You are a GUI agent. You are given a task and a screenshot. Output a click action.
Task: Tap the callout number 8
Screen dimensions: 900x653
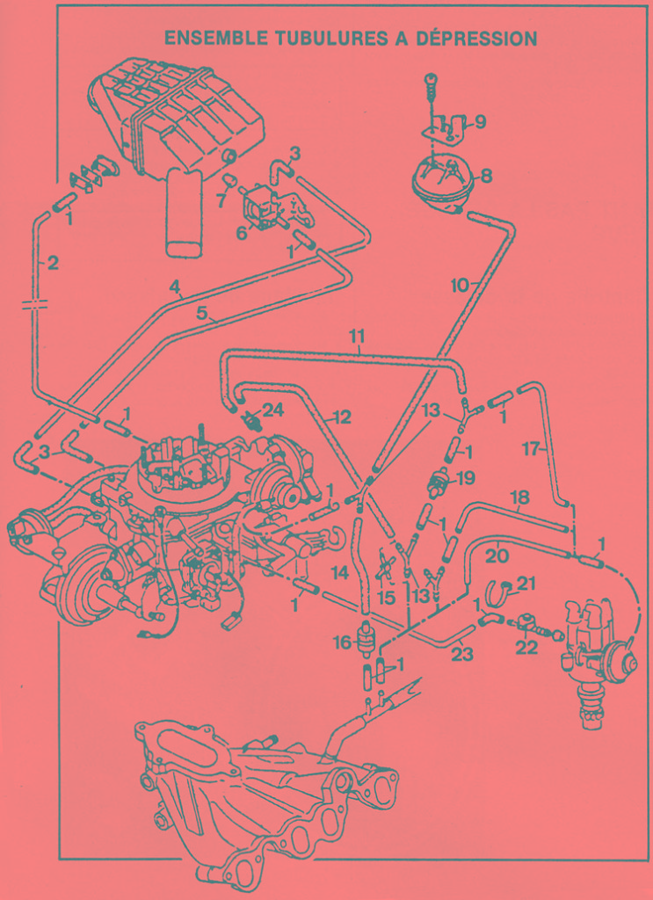[486, 176]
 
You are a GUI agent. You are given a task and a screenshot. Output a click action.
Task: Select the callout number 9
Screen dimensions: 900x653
[480, 121]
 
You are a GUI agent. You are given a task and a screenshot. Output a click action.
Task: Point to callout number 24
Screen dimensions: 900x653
[273, 410]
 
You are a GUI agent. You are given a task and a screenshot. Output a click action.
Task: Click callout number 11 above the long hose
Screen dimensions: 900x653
[356, 337]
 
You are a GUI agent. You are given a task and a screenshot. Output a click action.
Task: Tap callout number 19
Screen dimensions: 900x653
[466, 478]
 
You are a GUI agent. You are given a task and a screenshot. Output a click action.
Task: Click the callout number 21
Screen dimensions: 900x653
[526, 584]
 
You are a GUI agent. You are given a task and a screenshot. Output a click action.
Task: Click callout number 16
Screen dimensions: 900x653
[341, 643]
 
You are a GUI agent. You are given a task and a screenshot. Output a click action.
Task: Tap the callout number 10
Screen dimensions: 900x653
[461, 286]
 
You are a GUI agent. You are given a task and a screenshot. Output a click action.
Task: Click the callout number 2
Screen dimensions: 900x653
[53, 263]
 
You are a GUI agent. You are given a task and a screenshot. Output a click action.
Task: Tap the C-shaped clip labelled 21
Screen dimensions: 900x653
[499, 594]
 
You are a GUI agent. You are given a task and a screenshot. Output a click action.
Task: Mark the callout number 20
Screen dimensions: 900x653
[497, 555]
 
